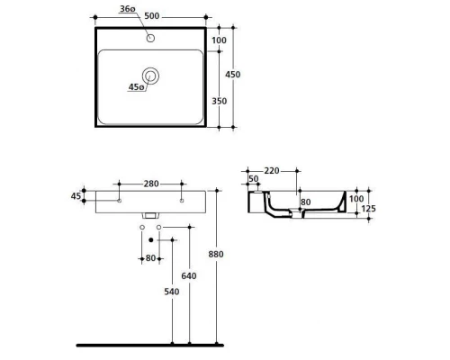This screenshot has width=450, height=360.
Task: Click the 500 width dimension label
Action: pyautogui.click(x=152, y=16)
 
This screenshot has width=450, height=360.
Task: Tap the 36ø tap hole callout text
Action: pyautogui.click(x=128, y=9)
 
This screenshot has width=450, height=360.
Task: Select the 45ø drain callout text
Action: pyautogui.click(x=136, y=87)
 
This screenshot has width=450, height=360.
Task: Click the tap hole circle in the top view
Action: pyautogui.click(x=150, y=38)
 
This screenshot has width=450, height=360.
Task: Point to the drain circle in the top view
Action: pyautogui.click(x=150, y=76)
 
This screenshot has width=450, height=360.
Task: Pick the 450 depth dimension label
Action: pyautogui.click(x=233, y=75)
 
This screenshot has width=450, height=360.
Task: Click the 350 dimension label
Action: pyautogui.click(x=220, y=101)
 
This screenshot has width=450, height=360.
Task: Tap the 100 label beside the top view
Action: pyautogui.click(x=219, y=40)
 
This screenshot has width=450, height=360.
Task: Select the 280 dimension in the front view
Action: pyautogui.click(x=151, y=184)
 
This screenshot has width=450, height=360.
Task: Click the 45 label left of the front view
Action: pyautogui.click(x=76, y=196)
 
